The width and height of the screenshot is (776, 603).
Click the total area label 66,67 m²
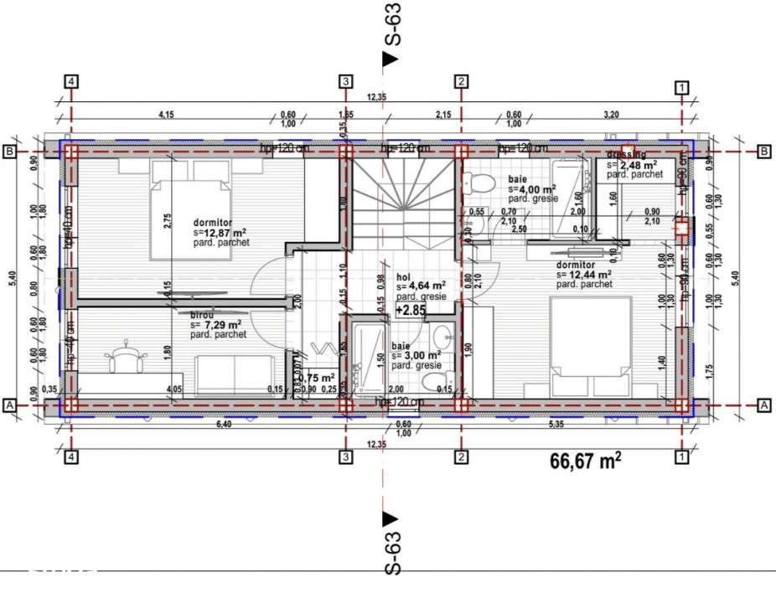coord(586,460)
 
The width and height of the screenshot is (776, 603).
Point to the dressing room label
coord(626,155)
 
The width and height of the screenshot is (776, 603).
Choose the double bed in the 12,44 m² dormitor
coord(591,344)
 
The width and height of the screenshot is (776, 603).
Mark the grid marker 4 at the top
coord(71,81)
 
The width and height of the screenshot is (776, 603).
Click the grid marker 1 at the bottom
coord(682,457)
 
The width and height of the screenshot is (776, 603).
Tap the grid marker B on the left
coord(10,152)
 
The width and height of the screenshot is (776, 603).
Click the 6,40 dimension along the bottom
coord(223,425)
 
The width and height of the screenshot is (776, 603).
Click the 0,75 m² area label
coord(317,378)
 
